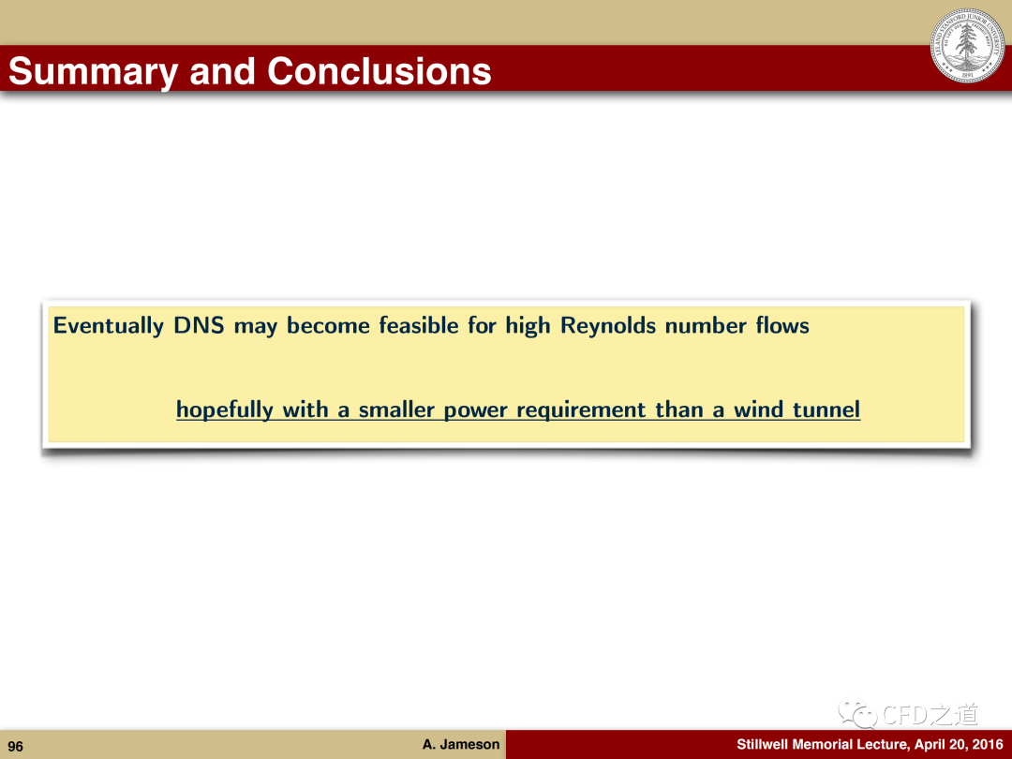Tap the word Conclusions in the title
point(379,71)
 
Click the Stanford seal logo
point(967,45)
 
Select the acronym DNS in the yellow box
point(199,325)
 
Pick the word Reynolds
point(608,325)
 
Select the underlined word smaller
point(396,409)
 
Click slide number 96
point(16,747)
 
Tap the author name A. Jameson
point(461,744)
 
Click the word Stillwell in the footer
point(762,744)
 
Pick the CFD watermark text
point(930,714)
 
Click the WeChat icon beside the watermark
point(858,713)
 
